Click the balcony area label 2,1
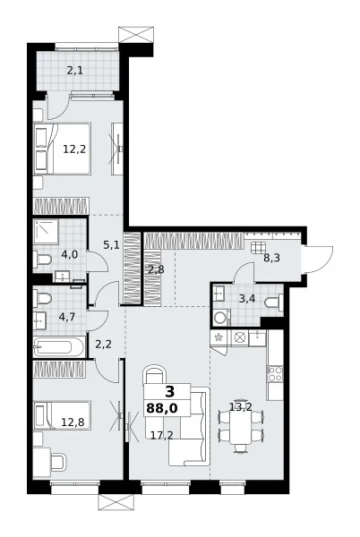pyautogui.click(x=74, y=71)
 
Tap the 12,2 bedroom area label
pyautogui.click(x=74, y=149)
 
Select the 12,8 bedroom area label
pyautogui.click(x=73, y=422)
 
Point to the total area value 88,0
pyautogui.click(x=162, y=408)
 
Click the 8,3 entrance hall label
pyautogui.click(x=271, y=258)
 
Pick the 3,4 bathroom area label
pyautogui.click(x=247, y=299)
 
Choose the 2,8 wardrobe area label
pyautogui.click(x=156, y=269)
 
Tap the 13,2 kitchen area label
pyautogui.click(x=241, y=407)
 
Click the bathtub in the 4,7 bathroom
pyautogui.click(x=59, y=347)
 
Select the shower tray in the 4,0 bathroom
pyautogui.click(x=46, y=232)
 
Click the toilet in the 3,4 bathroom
pyautogui.click(x=274, y=303)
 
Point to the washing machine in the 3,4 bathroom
pyautogui.click(x=221, y=318)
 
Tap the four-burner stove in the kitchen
pyautogui.click(x=275, y=373)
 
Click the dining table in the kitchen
pyautogui.click(x=241, y=425)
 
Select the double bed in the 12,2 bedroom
pyautogui.click(x=63, y=149)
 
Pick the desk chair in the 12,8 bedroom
pyautogui.click(x=58, y=462)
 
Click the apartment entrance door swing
pyautogui.click(x=319, y=260)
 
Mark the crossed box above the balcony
pyautogui.click(x=135, y=35)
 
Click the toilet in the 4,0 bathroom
pyautogui.click(x=42, y=260)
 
